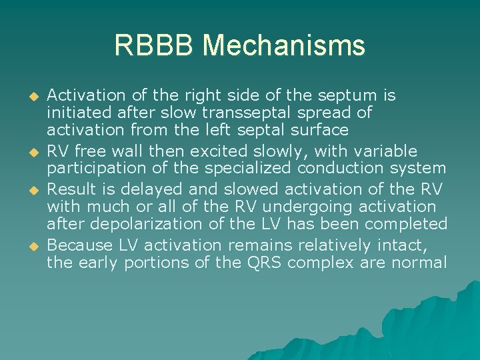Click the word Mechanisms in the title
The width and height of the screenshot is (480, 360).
coord(284,46)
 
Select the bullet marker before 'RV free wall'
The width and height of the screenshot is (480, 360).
coord(28,153)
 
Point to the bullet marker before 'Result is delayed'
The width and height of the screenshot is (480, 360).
coord(28,190)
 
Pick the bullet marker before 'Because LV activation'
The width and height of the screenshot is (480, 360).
coord(28,246)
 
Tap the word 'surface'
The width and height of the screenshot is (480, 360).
coord(319,129)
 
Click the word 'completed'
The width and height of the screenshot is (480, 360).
coord(409,225)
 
